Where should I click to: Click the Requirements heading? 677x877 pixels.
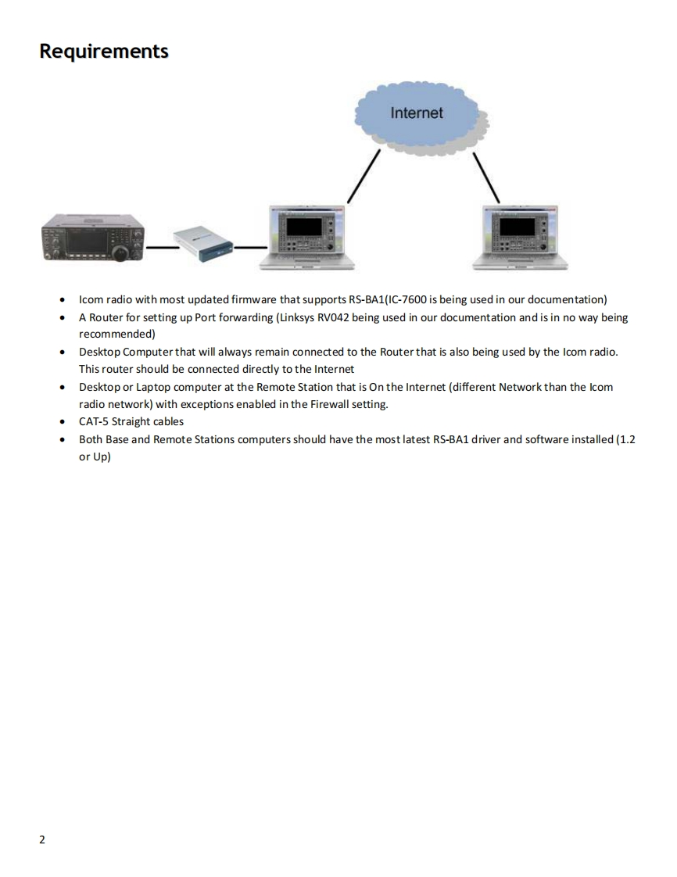(103, 52)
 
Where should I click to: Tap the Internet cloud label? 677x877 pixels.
(416, 113)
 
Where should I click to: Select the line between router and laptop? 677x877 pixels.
(249, 248)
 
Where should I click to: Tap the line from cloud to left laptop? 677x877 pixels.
(364, 176)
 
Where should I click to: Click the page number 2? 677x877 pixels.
(42, 840)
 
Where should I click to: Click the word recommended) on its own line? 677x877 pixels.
(116, 334)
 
